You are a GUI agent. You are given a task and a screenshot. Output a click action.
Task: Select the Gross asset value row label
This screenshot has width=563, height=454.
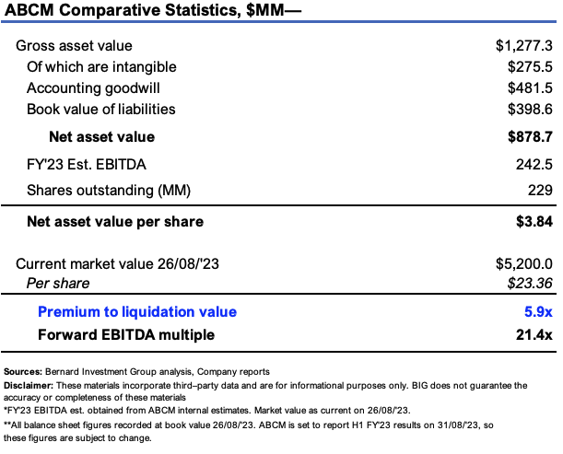point(74,45)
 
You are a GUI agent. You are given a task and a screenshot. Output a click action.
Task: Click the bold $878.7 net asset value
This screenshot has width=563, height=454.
point(529,136)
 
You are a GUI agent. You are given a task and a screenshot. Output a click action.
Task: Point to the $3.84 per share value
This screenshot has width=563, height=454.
point(534,221)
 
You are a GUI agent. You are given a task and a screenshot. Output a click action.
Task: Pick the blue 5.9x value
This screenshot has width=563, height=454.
point(538,311)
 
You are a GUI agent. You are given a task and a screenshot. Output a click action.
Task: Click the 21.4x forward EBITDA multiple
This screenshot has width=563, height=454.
point(534,334)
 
